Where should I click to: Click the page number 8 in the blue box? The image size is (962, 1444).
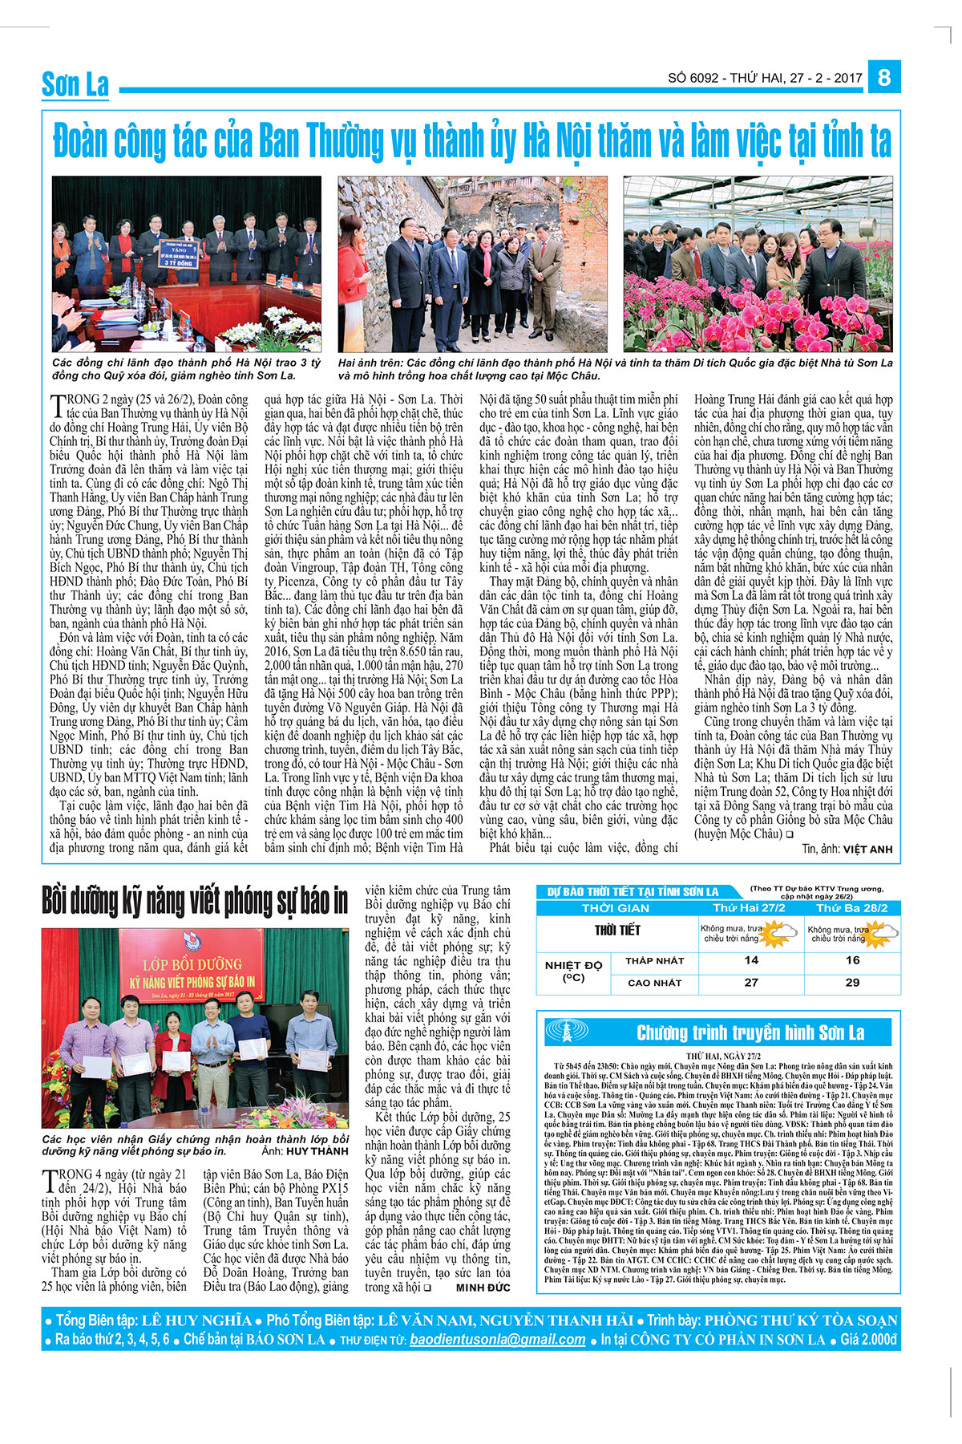884,77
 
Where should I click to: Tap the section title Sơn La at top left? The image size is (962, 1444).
75,84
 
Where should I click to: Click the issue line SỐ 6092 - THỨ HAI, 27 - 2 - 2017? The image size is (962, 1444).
765,78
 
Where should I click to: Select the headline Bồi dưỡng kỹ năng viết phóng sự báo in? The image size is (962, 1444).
195,902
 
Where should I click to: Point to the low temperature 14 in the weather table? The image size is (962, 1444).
751,960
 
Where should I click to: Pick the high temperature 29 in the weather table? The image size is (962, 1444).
852,982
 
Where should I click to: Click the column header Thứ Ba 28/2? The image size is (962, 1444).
851,908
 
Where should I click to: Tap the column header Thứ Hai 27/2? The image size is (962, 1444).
750,908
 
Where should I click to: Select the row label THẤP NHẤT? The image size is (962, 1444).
655,960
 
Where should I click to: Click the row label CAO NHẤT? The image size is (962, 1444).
655,983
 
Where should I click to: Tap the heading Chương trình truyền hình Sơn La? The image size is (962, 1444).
750,1032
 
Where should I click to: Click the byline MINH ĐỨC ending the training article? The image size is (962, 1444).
483,1288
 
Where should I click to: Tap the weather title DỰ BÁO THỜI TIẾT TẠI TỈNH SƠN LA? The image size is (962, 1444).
633,891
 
